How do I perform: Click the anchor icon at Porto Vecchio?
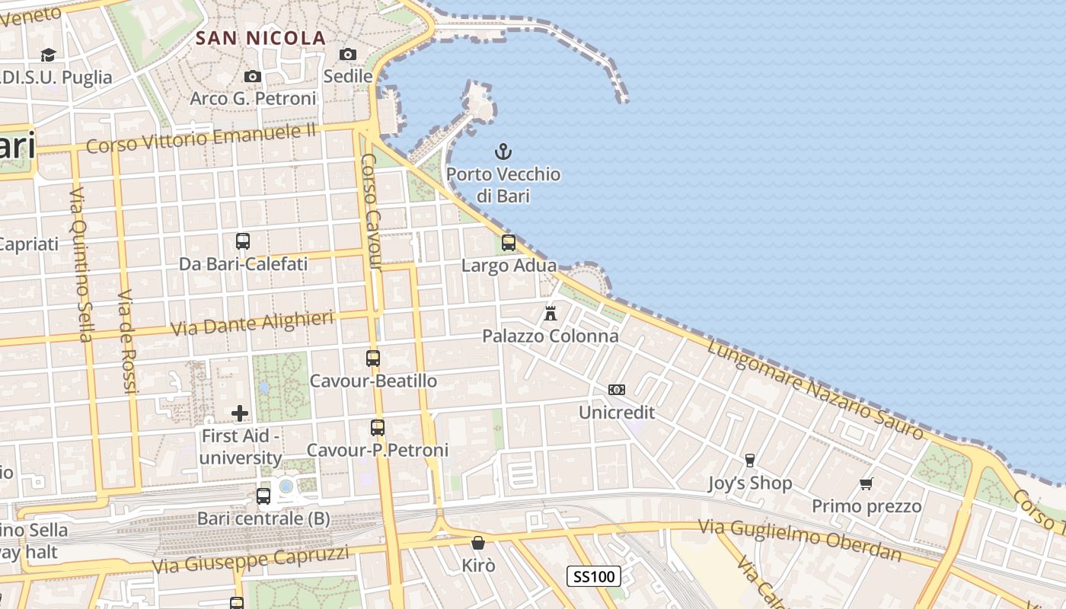click(x=503, y=151)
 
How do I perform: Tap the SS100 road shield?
click(x=594, y=576)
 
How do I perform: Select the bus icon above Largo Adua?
click(x=508, y=243)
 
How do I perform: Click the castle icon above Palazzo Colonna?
click(x=550, y=313)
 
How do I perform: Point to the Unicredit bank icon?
click(x=616, y=390)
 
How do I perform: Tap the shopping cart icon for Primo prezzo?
click(x=866, y=483)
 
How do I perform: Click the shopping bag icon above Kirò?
click(x=478, y=543)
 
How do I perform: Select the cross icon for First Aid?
click(x=240, y=413)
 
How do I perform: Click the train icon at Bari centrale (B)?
click(x=263, y=496)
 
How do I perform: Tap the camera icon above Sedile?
click(x=348, y=54)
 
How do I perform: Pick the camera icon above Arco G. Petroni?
click(x=253, y=76)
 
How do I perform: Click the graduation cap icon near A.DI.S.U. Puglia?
click(x=48, y=55)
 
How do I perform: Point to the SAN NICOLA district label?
click(x=260, y=38)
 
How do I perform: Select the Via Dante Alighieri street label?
click(x=252, y=323)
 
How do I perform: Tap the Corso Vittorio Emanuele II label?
click(x=201, y=138)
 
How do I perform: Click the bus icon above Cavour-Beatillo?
click(x=373, y=358)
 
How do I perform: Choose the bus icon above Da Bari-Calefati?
click(x=243, y=241)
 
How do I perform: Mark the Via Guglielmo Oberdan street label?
click(x=799, y=539)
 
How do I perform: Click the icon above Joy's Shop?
click(x=749, y=460)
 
